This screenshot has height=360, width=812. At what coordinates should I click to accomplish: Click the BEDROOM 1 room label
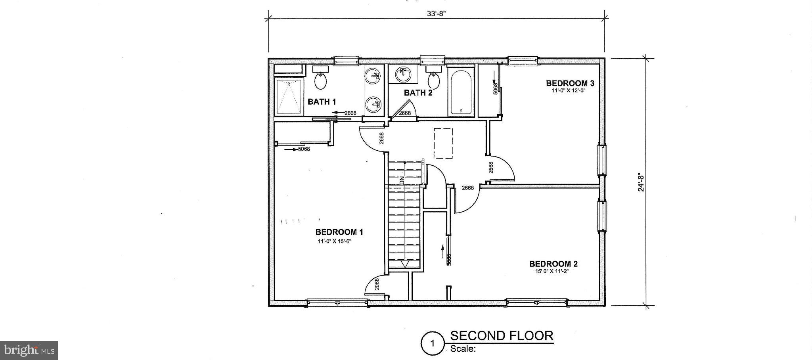tap(339, 232)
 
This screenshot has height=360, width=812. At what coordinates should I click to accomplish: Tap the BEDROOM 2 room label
tap(553, 264)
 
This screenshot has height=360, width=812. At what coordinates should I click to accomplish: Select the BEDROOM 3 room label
tap(570, 83)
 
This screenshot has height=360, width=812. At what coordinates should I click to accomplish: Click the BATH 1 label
tap(322, 102)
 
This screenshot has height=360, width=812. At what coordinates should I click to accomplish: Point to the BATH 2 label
tap(418, 93)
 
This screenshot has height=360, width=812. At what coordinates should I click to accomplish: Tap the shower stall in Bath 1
tap(289, 97)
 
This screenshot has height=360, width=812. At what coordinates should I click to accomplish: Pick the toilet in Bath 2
tap(434, 79)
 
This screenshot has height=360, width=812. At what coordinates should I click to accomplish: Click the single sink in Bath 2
tap(403, 75)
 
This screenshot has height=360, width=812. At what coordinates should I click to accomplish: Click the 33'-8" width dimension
tap(437, 13)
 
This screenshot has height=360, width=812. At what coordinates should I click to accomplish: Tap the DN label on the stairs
tap(402, 181)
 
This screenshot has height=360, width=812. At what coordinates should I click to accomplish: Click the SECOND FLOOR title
tap(502, 336)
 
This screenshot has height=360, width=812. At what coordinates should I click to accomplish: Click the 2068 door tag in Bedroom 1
tap(377, 284)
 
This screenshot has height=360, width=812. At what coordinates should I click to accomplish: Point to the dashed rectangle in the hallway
tap(443, 143)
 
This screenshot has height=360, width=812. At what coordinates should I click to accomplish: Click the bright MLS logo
tap(29, 350)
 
